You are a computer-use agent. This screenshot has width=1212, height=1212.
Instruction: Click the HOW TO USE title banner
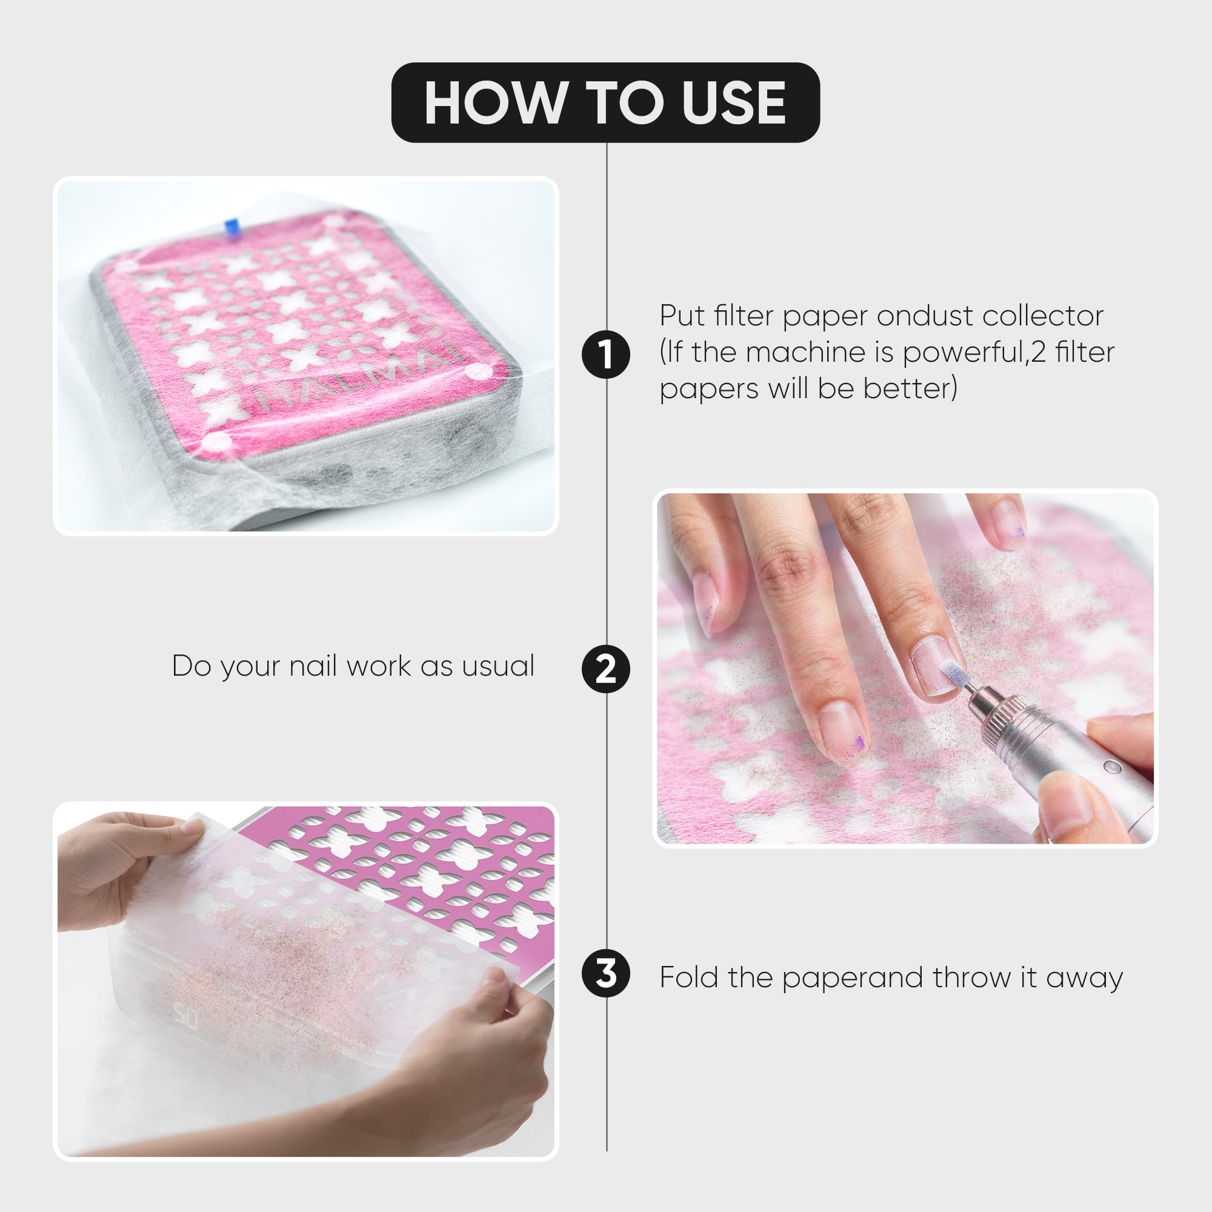tap(605, 102)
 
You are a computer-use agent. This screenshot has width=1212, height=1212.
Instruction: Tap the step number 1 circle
tap(606, 355)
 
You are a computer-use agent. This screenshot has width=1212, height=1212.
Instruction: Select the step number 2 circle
tap(606, 670)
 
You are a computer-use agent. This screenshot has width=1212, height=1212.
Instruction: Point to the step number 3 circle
tap(606, 974)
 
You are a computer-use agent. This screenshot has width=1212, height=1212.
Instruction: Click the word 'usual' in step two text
tap(498, 666)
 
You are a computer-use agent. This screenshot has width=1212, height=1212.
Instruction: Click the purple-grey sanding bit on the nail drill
tap(951, 677)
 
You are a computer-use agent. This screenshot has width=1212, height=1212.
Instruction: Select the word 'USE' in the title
tap(734, 103)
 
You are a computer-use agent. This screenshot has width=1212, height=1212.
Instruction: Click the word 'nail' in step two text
tap(315, 666)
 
